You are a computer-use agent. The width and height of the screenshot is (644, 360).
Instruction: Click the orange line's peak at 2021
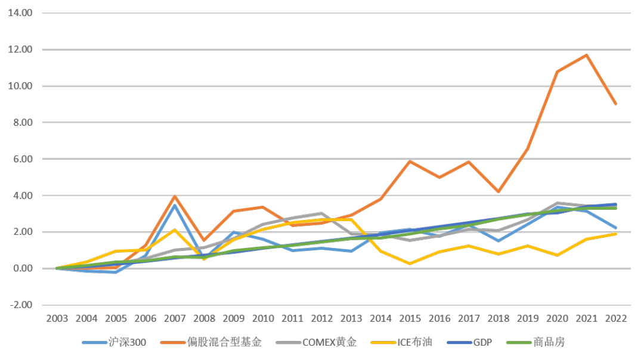pos(587,55)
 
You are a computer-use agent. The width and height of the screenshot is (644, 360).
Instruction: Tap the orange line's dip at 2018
pos(499,191)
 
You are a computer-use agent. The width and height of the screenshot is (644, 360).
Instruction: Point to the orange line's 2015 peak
pos(410,161)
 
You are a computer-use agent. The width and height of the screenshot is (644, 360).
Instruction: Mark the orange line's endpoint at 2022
pos(616,104)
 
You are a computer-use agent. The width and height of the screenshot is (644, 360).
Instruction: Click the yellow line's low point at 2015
pos(410,263)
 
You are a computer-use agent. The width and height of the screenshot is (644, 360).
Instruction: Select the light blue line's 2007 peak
pos(175,204)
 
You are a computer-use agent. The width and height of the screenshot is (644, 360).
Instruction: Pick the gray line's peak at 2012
pos(322,213)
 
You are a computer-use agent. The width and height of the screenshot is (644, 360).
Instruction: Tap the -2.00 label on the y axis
pos(21,305)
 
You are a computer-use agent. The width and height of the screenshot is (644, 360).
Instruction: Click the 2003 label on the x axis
pos(57,318)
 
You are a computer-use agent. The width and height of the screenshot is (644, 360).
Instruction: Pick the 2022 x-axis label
pos(616,318)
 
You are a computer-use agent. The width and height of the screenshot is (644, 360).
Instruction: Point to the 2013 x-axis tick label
pos(351,318)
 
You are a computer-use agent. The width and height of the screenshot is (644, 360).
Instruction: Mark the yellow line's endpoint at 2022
pos(616,234)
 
